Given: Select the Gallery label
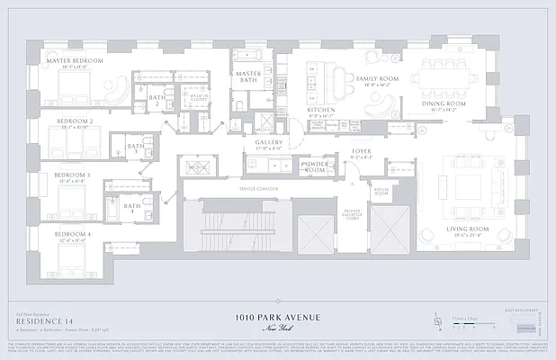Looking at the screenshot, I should click(x=269, y=141).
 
